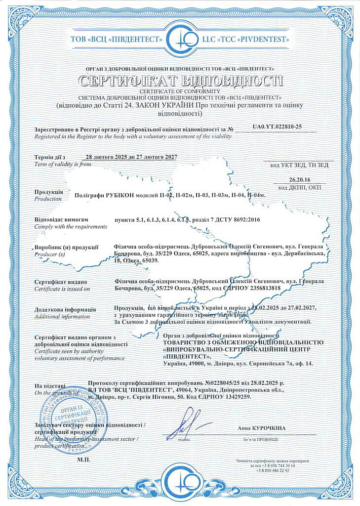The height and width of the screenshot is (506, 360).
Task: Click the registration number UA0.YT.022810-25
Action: point(277,127)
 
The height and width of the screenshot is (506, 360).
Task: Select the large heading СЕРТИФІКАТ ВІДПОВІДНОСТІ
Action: point(180,81)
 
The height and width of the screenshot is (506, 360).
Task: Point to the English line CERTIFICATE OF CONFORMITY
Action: point(180,91)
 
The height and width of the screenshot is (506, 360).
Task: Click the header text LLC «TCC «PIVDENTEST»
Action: point(248,38)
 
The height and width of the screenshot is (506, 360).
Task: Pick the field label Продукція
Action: point(48,192)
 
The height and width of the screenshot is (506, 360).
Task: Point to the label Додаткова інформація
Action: point(63,309)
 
